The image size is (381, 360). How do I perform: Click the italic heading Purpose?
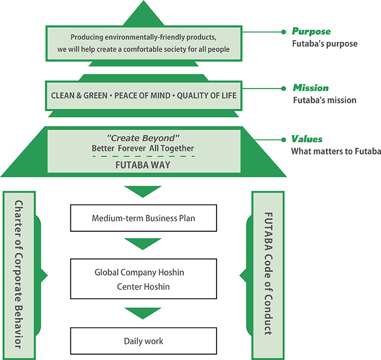(x=311, y=32)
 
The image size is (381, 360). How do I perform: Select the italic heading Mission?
(x=310, y=88)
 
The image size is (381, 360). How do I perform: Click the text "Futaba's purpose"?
(x=325, y=44)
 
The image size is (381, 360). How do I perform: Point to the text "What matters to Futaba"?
(x=336, y=152)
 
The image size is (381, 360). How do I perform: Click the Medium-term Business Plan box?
(x=143, y=218)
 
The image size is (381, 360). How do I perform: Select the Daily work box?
(x=143, y=341)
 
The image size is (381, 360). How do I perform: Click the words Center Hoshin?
(x=143, y=287)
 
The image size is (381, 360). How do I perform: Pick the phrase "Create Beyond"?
(x=143, y=138)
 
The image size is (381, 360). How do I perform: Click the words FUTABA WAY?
(x=143, y=165)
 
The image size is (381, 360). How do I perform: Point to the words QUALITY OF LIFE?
(x=207, y=95)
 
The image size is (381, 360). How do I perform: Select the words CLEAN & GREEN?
(x=80, y=95)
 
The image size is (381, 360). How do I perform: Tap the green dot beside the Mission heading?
(x=283, y=88)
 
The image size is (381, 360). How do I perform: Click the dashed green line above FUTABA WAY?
(x=143, y=156)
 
